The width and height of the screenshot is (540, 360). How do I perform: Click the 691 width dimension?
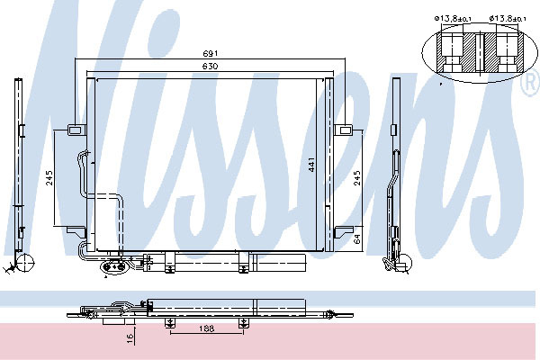(210, 53)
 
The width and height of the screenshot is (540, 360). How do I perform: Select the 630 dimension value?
(210, 66)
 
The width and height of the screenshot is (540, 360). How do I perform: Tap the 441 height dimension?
(311, 165)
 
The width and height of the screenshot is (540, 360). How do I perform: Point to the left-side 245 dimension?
(49, 178)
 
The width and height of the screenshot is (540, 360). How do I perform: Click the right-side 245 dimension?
(357, 178)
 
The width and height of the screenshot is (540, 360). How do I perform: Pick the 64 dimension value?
(357, 238)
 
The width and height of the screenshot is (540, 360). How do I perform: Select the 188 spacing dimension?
(206, 328)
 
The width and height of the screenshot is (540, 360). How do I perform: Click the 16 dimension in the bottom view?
(130, 338)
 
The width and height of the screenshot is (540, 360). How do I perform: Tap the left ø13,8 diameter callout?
(453, 19)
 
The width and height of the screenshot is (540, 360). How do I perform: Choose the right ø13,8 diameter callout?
(508, 19)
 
